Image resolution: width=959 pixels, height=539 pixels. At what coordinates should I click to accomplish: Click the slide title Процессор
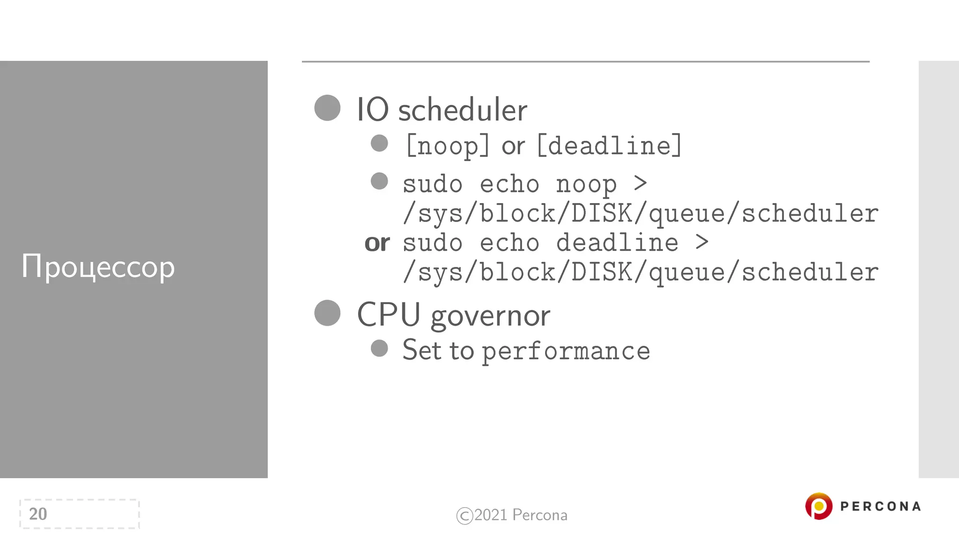[98, 267]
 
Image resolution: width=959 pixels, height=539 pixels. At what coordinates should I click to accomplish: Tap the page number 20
[38, 514]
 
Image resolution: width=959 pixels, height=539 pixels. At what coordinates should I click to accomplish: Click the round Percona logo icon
[819, 506]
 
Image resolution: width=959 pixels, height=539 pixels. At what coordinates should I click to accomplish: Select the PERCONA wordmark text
[880, 506]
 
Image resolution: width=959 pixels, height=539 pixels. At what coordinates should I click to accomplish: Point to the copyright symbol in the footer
[464, 516]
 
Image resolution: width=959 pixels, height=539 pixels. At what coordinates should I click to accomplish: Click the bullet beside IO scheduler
[327, 108]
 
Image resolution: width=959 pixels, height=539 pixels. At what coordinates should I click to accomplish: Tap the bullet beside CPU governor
[327, 313]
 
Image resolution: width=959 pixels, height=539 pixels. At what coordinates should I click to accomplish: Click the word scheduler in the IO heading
[463, 110]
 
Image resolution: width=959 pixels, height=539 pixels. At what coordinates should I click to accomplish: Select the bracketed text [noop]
[448, 146]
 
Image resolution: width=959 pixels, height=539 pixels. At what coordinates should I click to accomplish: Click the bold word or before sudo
[377, 243]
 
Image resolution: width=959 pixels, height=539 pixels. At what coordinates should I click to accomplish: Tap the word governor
[490, 316]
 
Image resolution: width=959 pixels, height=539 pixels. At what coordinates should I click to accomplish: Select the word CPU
[389, 314]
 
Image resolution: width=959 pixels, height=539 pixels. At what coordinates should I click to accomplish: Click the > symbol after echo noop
[640, 183]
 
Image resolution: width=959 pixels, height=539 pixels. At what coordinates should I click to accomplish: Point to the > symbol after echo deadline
[701, 242]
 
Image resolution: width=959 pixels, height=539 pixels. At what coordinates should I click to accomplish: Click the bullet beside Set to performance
[379, 348]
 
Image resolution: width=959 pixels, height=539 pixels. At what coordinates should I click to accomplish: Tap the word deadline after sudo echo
[617, 243]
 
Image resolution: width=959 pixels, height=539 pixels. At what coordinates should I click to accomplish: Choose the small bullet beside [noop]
[379, 143]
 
